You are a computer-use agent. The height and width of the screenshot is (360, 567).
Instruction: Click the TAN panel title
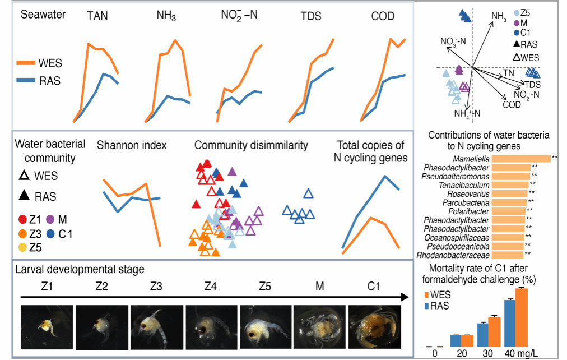click(97, 16)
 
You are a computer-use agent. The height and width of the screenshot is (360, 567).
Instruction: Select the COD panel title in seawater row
click(383, 16)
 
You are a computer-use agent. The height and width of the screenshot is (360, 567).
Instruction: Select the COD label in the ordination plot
click(511, 104)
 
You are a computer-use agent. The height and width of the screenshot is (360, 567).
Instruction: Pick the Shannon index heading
click(132, 145)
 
